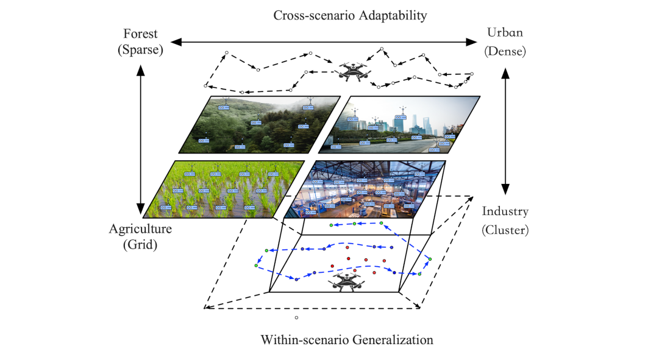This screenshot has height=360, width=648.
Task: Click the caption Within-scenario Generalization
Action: tap(346, 339)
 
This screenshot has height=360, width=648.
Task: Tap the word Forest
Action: tap(141, 34)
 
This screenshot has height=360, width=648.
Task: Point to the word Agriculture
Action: tap(140, 230)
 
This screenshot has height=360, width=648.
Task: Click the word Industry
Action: tap(505, 212)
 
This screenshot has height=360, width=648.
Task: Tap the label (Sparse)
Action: tap(141, 50)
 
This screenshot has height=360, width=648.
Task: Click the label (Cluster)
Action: tap(505, 230)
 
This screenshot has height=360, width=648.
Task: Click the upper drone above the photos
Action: tap(352, 72)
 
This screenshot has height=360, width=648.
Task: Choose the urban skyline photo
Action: tap(399, 125)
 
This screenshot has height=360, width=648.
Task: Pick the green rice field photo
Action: tap(224, 189)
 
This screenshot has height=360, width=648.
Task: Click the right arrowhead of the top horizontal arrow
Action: tap(473, 42)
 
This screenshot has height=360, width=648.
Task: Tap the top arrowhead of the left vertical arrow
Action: tap(141, 68)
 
